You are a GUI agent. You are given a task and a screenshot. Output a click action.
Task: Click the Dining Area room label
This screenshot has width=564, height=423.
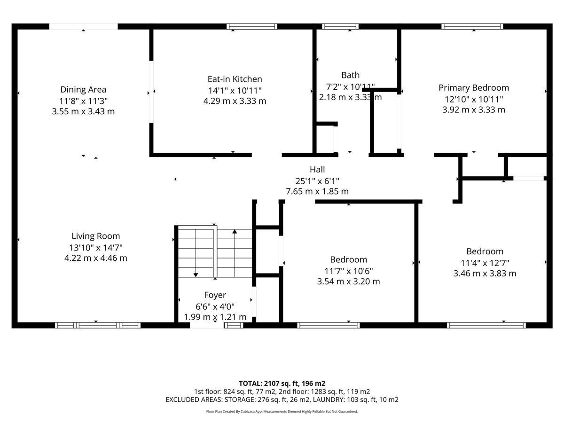[x=83, y=89]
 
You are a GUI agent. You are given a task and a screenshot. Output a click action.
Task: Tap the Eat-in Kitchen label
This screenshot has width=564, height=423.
[x=235, y=79]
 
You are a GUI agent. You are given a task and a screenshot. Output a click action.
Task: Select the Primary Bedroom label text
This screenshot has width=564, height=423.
[x=474, y=87]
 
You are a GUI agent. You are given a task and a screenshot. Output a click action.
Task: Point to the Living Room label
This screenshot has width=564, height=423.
[x=95, y=236]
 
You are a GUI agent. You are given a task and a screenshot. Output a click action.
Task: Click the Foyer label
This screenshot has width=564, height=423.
[x=215, y=295]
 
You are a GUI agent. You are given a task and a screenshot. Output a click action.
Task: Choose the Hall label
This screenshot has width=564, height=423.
[x=317, y=169]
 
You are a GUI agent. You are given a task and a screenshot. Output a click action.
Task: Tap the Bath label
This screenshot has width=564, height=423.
[x=350, y=75]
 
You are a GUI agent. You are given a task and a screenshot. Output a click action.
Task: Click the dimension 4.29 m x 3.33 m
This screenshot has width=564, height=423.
[x=235, y=101]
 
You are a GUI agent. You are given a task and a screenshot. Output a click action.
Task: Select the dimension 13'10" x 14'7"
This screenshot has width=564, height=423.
[x=95, y=248]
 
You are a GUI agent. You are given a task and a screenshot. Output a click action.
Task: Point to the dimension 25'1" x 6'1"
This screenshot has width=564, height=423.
[x=317, y=181]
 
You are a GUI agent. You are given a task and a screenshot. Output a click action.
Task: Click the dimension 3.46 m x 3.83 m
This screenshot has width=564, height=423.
[x=485, y=273]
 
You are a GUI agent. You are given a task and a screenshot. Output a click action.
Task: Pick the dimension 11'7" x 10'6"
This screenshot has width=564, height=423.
[x=348, y=271]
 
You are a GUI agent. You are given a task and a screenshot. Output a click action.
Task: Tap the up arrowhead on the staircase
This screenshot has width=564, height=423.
[x=235, y=231]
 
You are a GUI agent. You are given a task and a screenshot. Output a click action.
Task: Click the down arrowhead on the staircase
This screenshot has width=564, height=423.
[x=196, y=275]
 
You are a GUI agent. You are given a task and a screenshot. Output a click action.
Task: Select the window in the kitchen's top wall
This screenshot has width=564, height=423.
[x=252, y=26]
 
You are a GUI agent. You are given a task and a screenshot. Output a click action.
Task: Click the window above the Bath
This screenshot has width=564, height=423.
[x=340, y=26]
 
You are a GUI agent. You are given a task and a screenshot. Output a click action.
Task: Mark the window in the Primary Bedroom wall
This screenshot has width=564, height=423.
[x=472, y=26]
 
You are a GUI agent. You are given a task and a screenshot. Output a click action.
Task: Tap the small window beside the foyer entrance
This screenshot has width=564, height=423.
[x=234, y=325]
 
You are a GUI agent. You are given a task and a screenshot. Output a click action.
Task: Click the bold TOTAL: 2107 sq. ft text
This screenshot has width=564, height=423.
[x=269, y=384]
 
